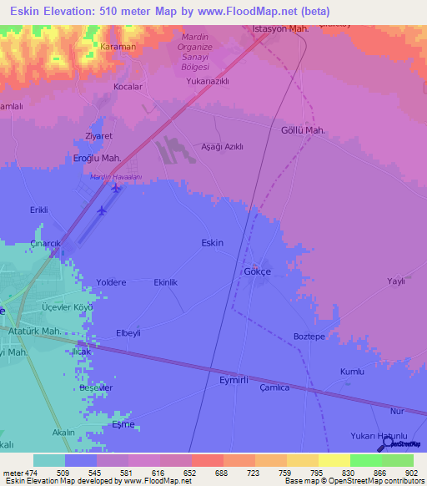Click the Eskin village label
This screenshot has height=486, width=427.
click(x=213, y=242)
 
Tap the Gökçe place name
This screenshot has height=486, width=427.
click(x=257, y=272)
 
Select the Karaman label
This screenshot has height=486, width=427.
click(x=118, y=47)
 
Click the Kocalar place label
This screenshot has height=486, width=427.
click(x=129, y=86)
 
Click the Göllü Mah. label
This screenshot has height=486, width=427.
click(x=303, y=131)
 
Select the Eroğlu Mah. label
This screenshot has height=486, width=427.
click(x=98, y=158)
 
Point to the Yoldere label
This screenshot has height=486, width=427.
click(x=111, y=282)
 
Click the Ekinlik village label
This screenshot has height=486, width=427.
click(x=166, y=282)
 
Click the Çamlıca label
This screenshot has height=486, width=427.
click(x=274, y=387)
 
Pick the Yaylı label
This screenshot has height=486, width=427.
click(x=395, y=281)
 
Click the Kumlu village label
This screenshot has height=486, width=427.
click(x=352, y=371)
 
